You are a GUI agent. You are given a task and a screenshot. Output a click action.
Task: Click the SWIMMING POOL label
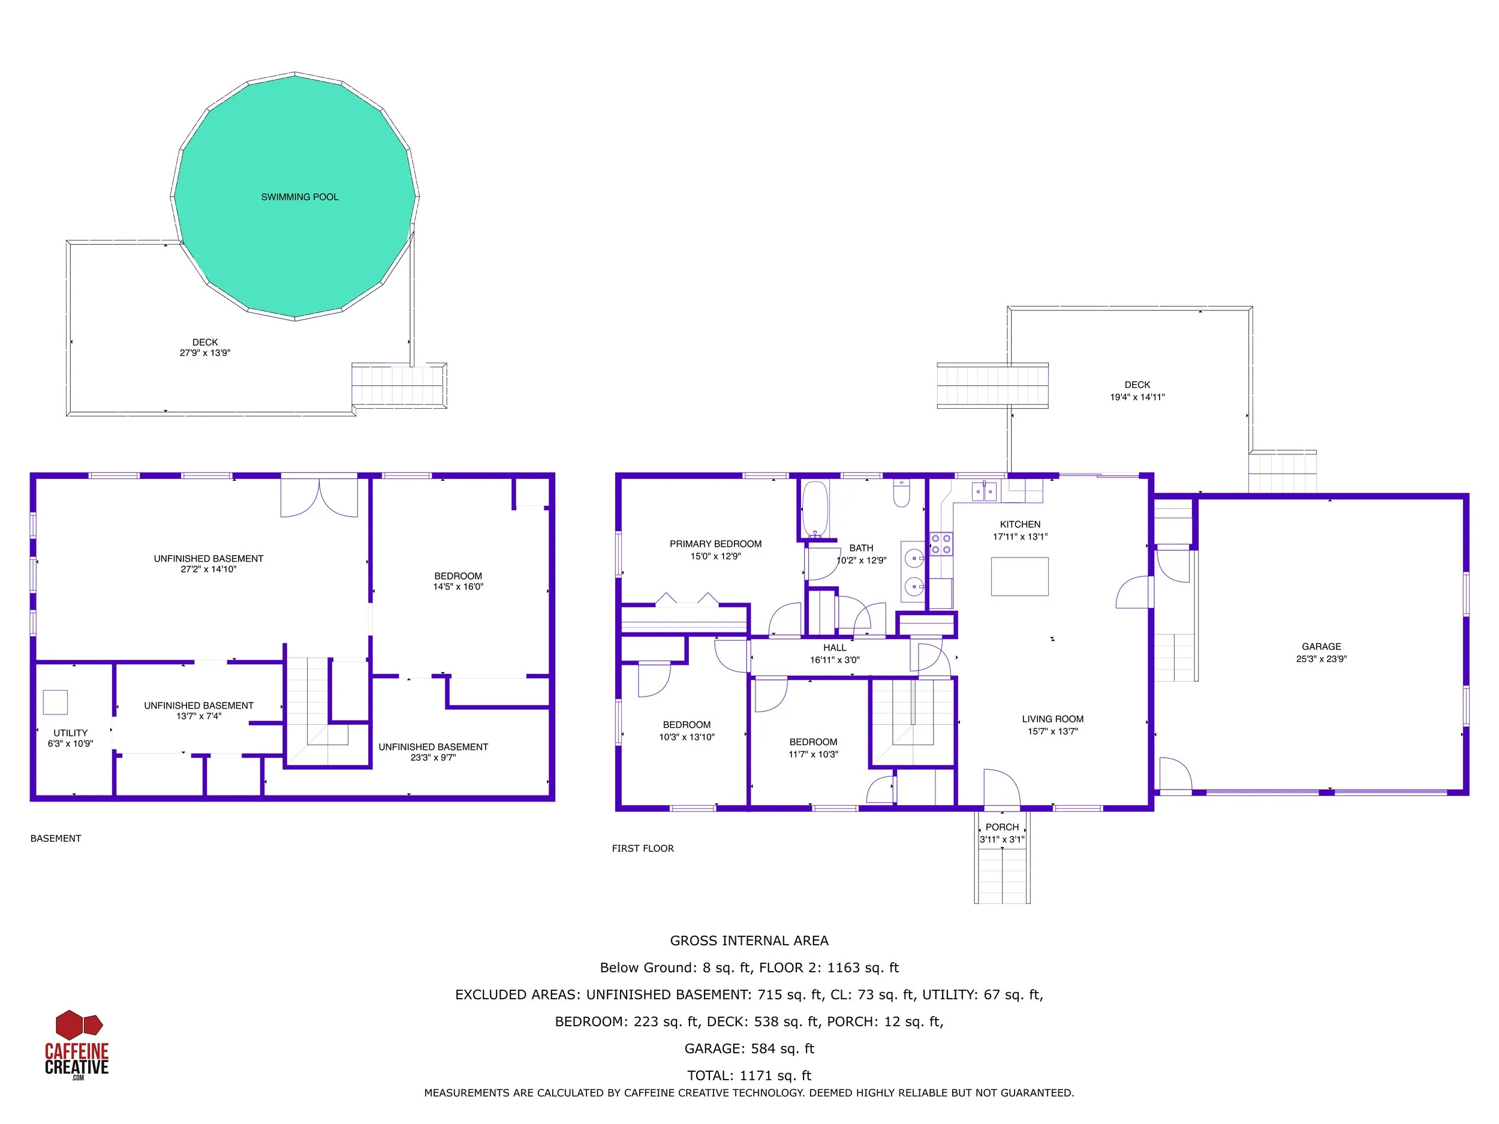[x=300, y=197]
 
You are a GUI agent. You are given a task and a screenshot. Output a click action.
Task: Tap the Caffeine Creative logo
[x=77, y=1045]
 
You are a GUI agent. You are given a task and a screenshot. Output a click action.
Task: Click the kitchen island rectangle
[x=1019, y=577]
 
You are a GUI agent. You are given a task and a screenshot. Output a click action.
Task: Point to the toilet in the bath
[x=901, y=493]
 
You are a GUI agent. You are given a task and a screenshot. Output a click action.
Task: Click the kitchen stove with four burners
[x=941, y=544]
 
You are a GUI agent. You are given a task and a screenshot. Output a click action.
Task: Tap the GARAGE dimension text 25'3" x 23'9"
[x=1321, y=659]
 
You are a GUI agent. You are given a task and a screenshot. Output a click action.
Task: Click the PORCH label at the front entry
[x=1001, y=827]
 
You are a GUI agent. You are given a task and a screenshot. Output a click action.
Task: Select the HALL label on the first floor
[x=834, y=647]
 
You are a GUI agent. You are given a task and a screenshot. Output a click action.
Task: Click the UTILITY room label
[x=71, y=733]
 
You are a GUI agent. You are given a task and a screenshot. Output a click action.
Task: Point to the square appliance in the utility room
[x=56, y=702]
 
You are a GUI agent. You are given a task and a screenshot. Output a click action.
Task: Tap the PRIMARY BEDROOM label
[x=715, y=544]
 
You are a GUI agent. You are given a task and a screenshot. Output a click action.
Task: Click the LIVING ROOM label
[x=1052, y=719]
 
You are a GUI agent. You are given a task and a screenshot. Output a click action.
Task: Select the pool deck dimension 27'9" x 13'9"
[x=204, y=353]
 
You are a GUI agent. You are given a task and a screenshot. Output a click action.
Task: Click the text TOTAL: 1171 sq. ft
[x=749, y=1075]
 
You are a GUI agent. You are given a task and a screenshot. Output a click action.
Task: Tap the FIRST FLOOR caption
[x=642, y=848]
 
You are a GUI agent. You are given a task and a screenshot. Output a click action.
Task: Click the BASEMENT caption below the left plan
[x=56, y=838]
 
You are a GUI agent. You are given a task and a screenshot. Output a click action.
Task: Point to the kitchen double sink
[x=983, y=491]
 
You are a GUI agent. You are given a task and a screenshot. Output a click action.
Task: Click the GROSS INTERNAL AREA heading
[x=749, y=941]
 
